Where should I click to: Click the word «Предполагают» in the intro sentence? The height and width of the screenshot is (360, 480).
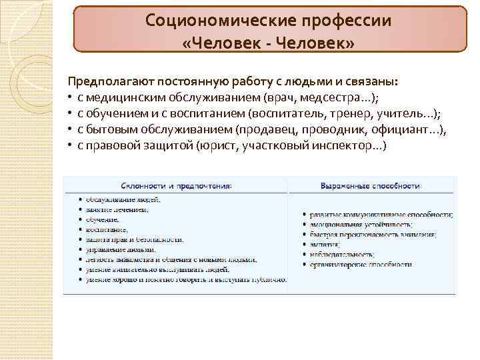click(113, 81)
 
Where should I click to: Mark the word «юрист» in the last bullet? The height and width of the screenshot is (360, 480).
click(219, 145)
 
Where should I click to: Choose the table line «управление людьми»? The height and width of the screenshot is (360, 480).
click(121, 249)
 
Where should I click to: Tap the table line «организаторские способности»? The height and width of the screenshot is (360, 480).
click(359, 265)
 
